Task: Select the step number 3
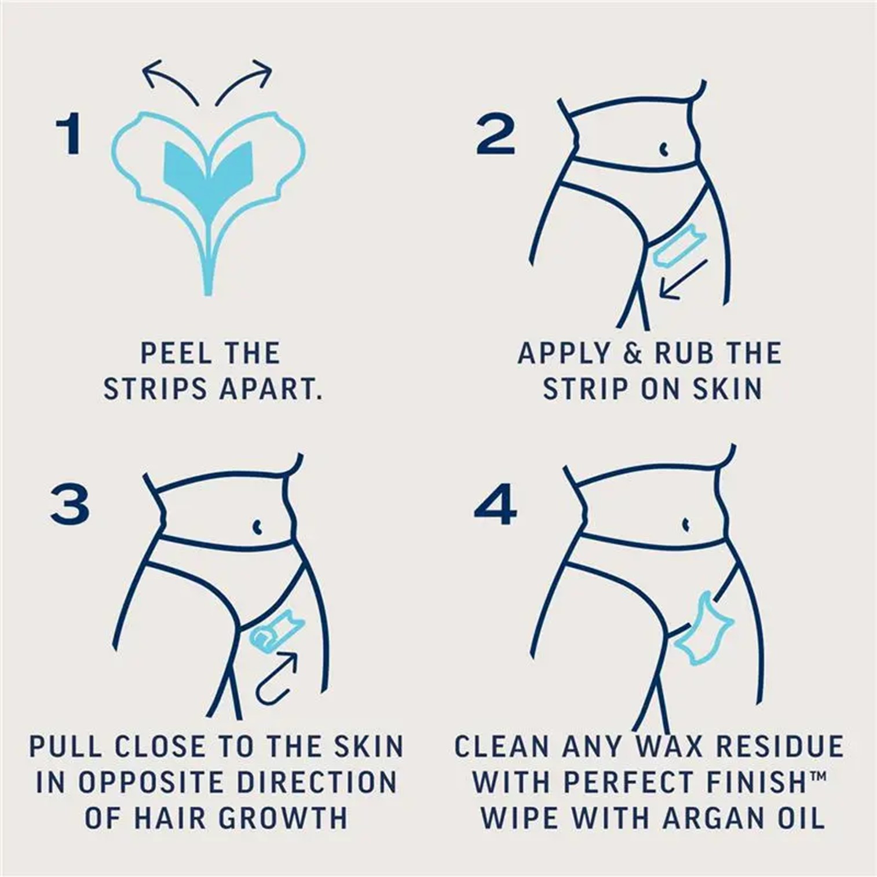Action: click(x=70, y=505)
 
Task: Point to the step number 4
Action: click(x=495, y=505)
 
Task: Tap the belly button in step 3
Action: click(x=257, y=527)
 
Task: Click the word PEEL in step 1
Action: click(x=176, y=353)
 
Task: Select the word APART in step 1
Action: click(x=271, y=389)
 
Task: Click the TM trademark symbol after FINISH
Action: click(x=817, y=774)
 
